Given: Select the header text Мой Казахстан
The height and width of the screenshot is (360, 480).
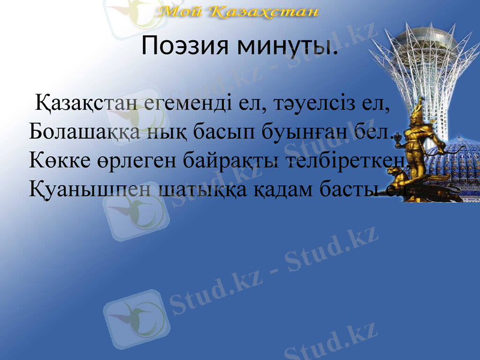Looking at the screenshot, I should pyautogui.click(x=239, y=11).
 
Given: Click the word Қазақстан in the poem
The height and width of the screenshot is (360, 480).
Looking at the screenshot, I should pyautogui.click(x=89, y=104).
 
